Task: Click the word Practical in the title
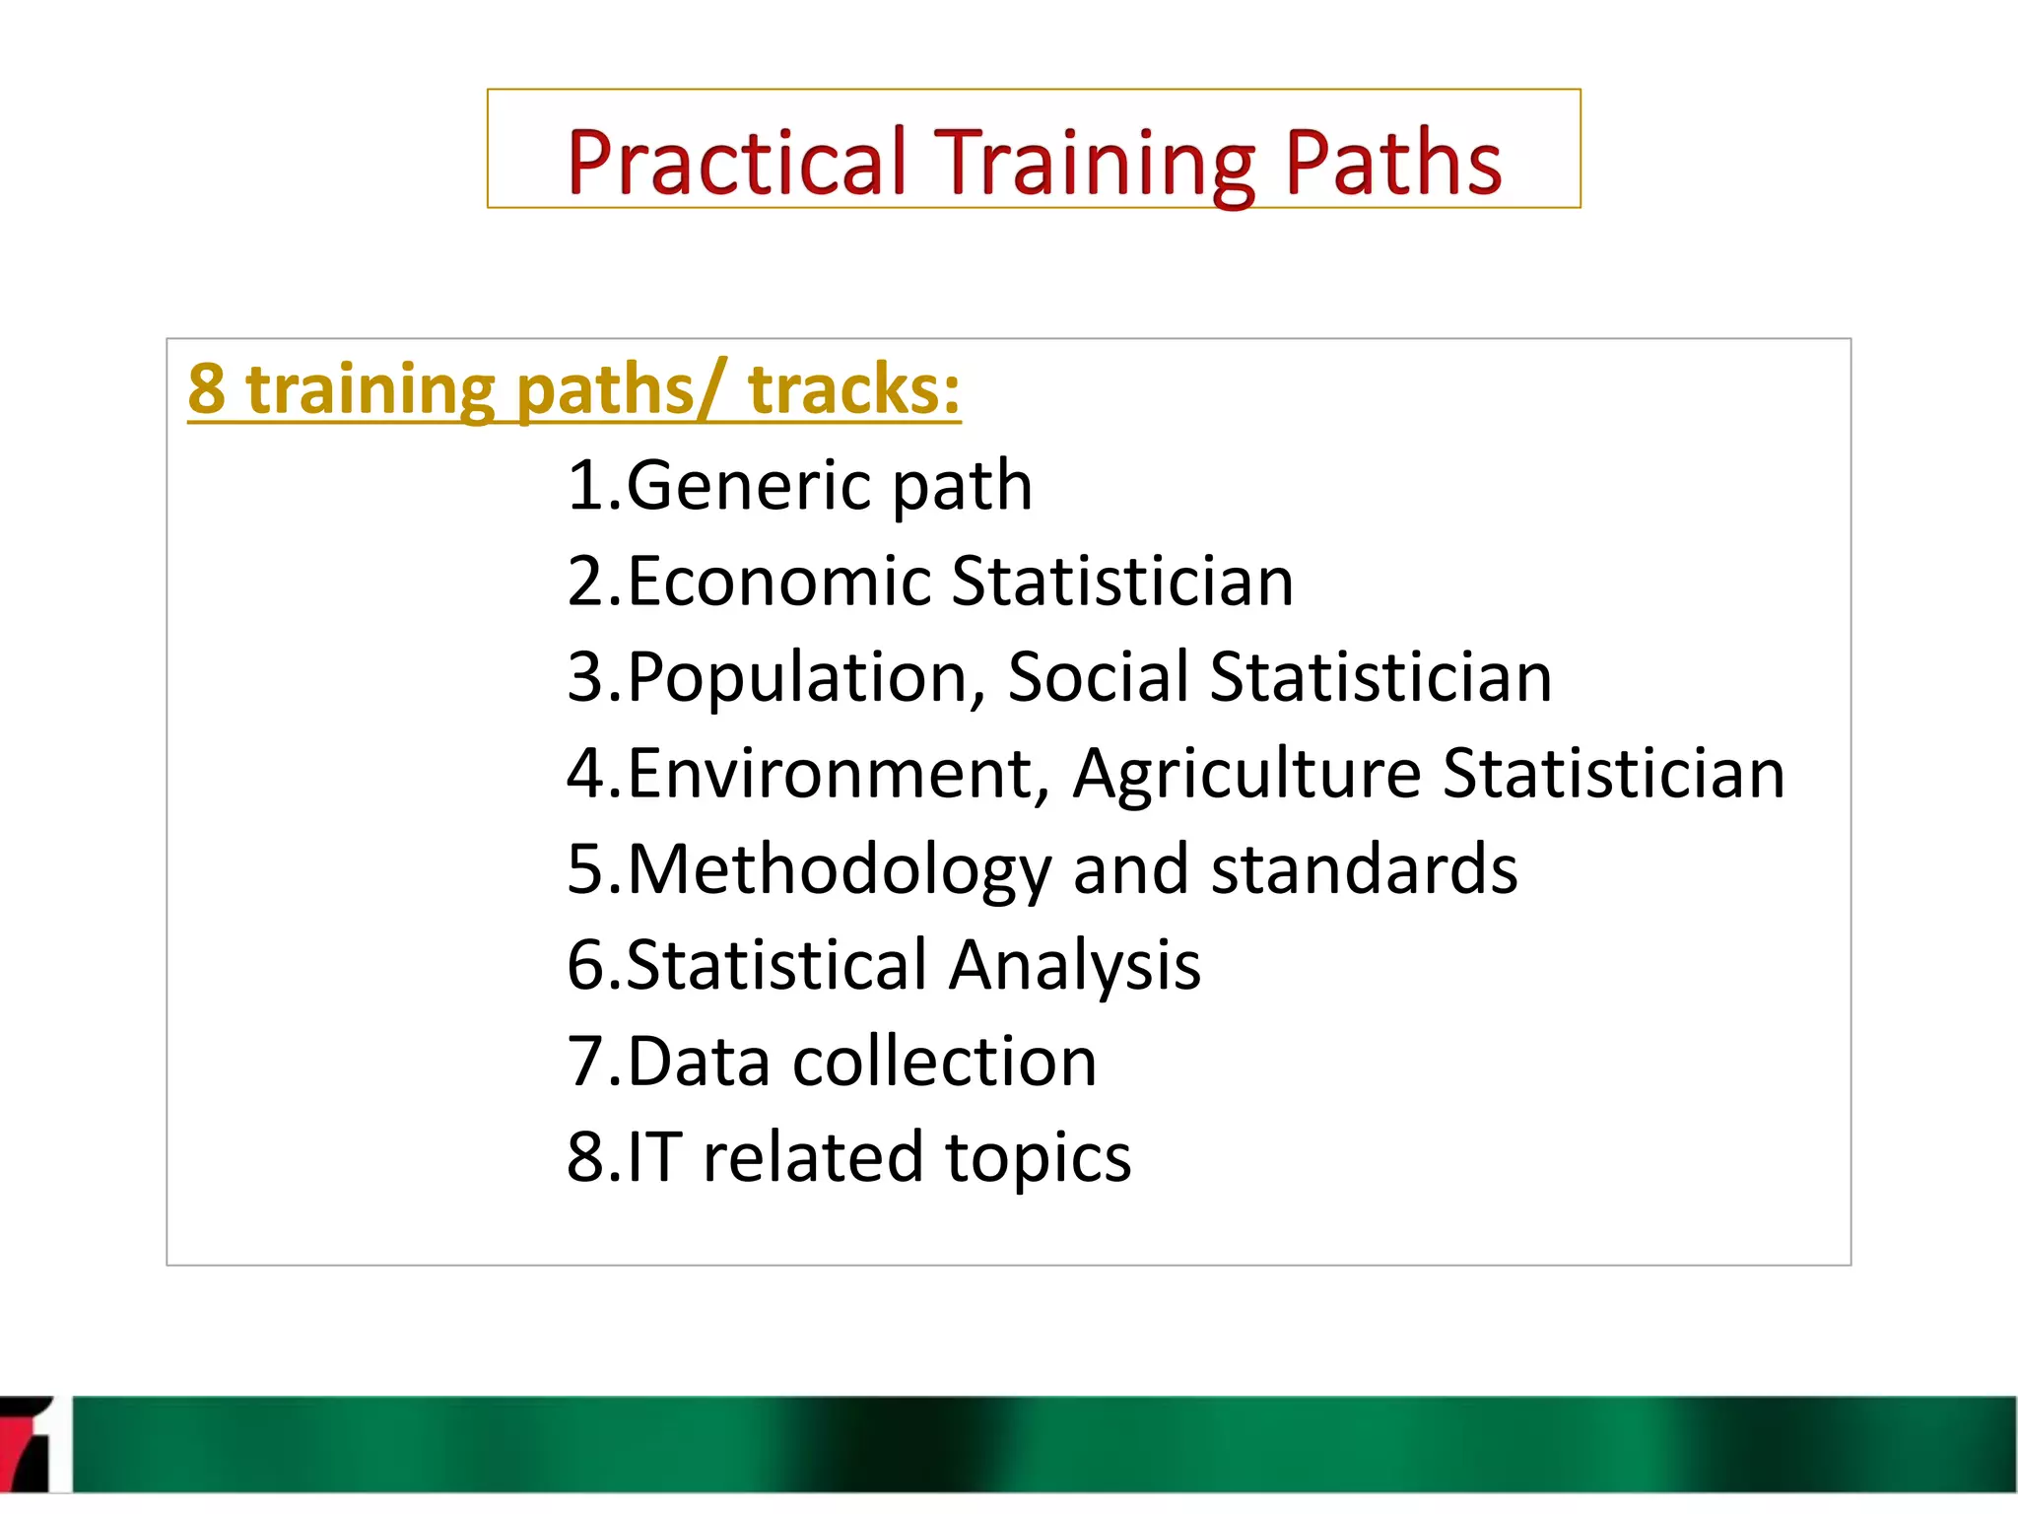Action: coord(736,163)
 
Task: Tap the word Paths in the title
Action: coord(1392,163)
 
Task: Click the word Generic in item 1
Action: coord(748,486)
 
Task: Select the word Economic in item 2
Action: coord(778,582)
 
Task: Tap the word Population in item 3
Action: coord(804,678)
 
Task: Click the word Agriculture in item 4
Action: coord(1245,774)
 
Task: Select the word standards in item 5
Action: coord(1364,870)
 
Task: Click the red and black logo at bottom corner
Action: coord(27,1444)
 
